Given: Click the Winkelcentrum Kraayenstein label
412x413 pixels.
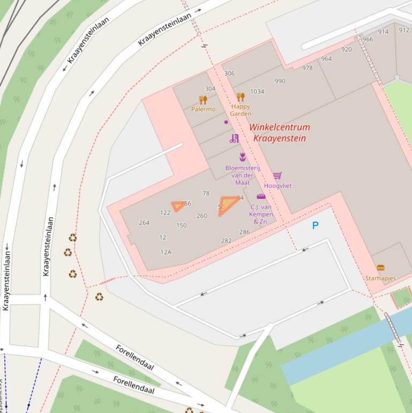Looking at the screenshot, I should coord(279,133).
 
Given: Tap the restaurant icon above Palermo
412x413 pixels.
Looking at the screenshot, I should coord(203,100).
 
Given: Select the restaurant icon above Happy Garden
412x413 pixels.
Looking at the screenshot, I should coord(241,97).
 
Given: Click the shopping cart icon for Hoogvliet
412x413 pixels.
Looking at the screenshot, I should coord(278,176).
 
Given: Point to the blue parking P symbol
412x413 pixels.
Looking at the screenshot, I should coord(315,226).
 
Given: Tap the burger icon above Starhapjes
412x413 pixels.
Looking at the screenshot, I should coord(380,268).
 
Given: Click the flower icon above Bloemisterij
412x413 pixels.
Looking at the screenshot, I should coord(243,157).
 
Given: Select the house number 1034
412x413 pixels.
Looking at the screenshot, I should coord(257,92).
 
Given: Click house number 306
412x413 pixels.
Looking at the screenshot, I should coord(229,74).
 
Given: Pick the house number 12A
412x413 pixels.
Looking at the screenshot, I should coord(166,252).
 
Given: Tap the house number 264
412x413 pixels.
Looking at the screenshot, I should coord(144,223).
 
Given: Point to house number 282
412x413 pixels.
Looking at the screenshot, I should coord(226,241).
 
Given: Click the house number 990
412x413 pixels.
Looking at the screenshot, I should coord(280,82).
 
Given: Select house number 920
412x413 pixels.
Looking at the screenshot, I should coord(347,49).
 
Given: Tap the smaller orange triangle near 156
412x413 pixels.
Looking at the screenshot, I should coord(177,206).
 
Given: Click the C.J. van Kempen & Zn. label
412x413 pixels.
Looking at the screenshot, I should coord(261,214).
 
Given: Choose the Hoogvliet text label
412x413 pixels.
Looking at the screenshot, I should coord(278,186).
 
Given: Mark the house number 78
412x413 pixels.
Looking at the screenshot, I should coord(206,194).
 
